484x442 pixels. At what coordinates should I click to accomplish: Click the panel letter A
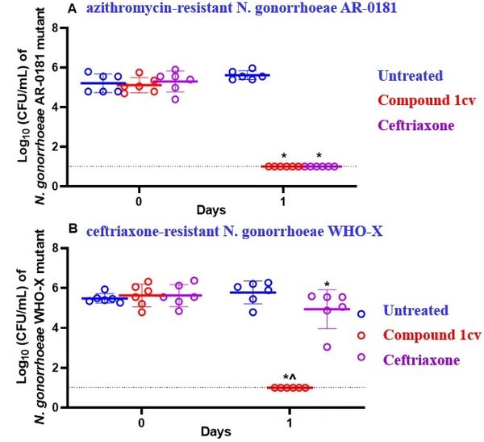(x=73, y=10)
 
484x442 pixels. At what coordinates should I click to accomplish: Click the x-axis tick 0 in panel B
(x=141, y=421)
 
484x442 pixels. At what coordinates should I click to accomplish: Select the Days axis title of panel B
(x=214, y=433)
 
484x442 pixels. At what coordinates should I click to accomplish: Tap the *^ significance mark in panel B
(x=289, y=377)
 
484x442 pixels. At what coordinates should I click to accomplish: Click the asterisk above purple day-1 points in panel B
(x=327, y=284)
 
